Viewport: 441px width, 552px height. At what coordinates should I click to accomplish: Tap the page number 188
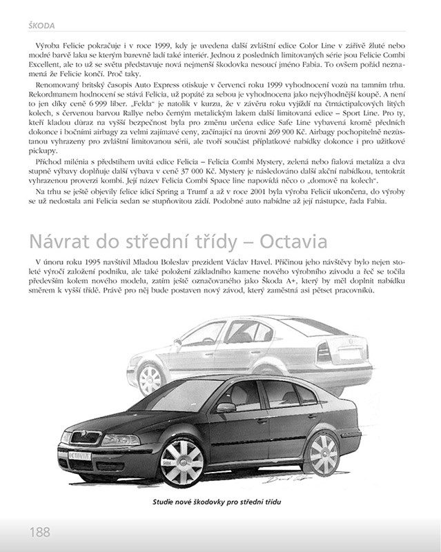point(39,532)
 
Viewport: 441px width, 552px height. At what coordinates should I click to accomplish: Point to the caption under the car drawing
point(219,502)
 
